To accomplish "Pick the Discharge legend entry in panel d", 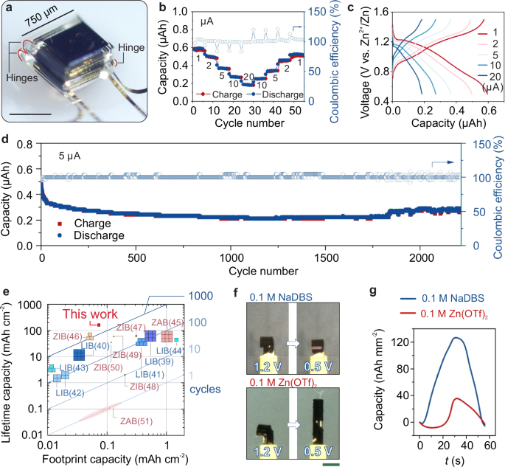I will click(x=88, y=235).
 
